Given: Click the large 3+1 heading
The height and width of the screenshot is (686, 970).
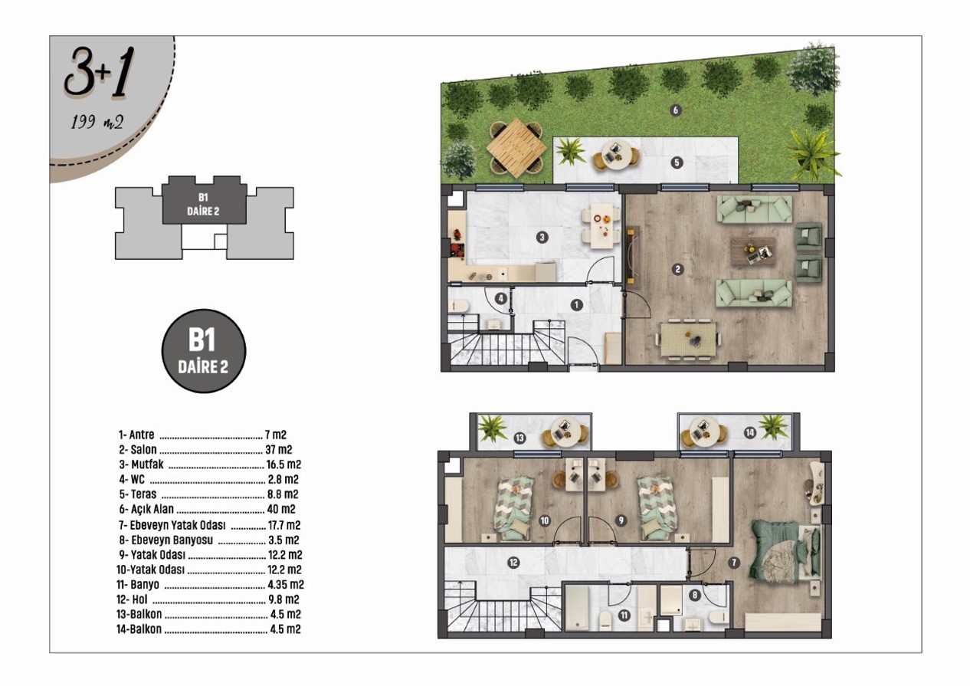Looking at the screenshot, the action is pyautogui.click(x=99, y=72).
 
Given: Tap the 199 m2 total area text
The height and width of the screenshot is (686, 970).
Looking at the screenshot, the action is pyautogui.click(x=97, y=122).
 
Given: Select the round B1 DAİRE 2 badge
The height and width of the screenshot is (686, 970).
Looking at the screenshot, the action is pyautogui.click(x=204, y=351).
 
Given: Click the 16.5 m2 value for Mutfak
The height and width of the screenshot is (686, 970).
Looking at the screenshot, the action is pyautogui.click(x=283, y=464).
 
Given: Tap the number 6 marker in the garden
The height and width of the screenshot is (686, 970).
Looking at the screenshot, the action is pyautogui.click(x=676, y=110).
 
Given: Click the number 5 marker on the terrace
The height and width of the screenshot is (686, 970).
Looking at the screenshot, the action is pyautogui.click(x=677, y=162).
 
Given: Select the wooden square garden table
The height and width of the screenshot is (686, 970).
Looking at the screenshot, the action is pyautogui.click(x=516, y=148).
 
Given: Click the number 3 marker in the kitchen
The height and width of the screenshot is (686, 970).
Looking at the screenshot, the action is pyautogui.click(x=542, y=237).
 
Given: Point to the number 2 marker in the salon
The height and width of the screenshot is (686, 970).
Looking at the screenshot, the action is pyautogui.click(x=678, y=269).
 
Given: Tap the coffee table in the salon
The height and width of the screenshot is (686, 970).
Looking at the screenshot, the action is pyautogui.click(x=753, y=251).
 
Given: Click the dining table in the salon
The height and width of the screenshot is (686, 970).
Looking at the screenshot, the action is pyautogui.click(x=688, y=340).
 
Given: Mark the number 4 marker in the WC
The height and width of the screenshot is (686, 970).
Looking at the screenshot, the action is pyautogui.click(x=501, y=298).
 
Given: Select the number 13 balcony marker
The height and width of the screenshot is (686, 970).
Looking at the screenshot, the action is pyautogui.click(x=519, y=438).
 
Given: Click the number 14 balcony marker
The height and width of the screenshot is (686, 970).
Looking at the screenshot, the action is pyautogui.click(x=750, y=432).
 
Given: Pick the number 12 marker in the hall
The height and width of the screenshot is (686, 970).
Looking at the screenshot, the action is pyautogui.click(x=513, y=563).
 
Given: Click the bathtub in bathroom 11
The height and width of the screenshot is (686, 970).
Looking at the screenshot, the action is pyautogui.click(x=578, y=608).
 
